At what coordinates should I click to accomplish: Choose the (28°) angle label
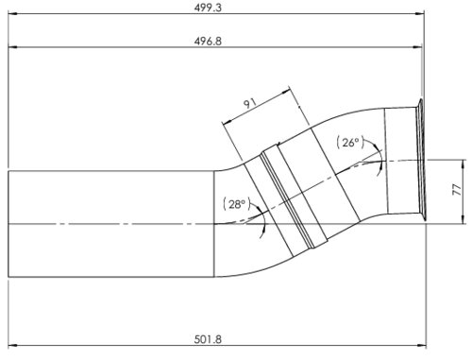[235, 204]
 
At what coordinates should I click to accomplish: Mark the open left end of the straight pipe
[9, 224]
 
